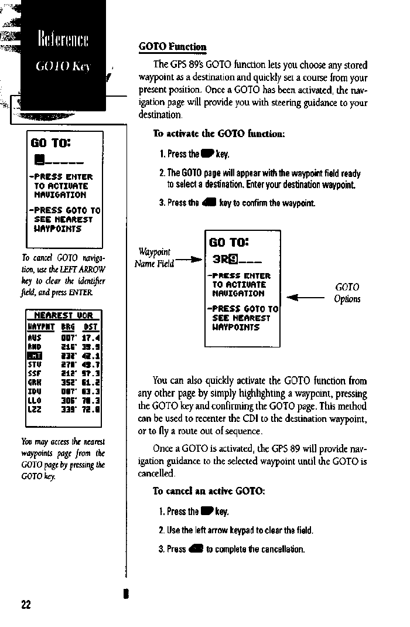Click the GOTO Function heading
(x=172, y=46)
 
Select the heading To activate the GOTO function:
(x=218, y=134)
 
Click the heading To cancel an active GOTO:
(x=209, y=491)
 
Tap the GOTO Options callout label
(x=347, y=293)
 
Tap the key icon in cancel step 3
(x=196, y=549)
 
